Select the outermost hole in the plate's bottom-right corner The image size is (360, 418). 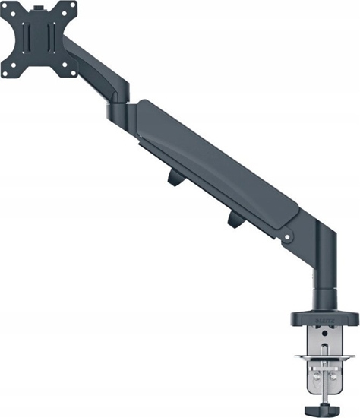click(x=72, y=73)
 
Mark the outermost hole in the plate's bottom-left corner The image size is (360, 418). click(x=10, y=73)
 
